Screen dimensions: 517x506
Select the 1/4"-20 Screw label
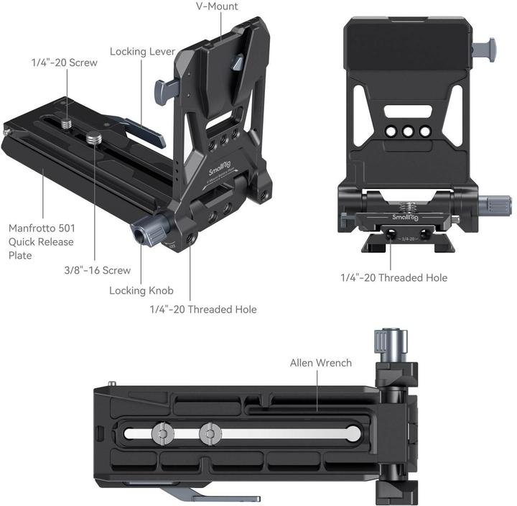(x=64, y=63)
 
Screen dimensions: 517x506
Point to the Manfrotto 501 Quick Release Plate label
(x=41, y=241)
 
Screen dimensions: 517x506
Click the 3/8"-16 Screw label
(x=97, y=270)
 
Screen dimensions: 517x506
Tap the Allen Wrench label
(x=320, y=362)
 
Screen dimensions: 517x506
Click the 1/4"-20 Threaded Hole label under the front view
(x=393, y=277)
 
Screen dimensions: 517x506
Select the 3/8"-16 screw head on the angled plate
(x=94, y=137)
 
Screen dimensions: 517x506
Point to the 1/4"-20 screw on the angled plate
(x=67, y=124)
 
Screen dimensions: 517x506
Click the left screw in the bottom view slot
(x=162, y=434)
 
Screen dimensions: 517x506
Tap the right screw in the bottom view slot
(x=210, y=434)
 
